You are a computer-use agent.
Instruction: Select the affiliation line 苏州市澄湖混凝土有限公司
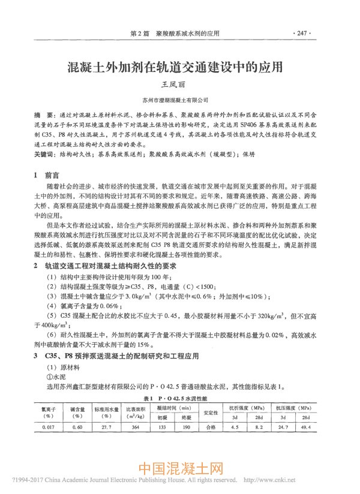[x=179, y=100]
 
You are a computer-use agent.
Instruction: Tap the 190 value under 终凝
[x=186, y=427]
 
